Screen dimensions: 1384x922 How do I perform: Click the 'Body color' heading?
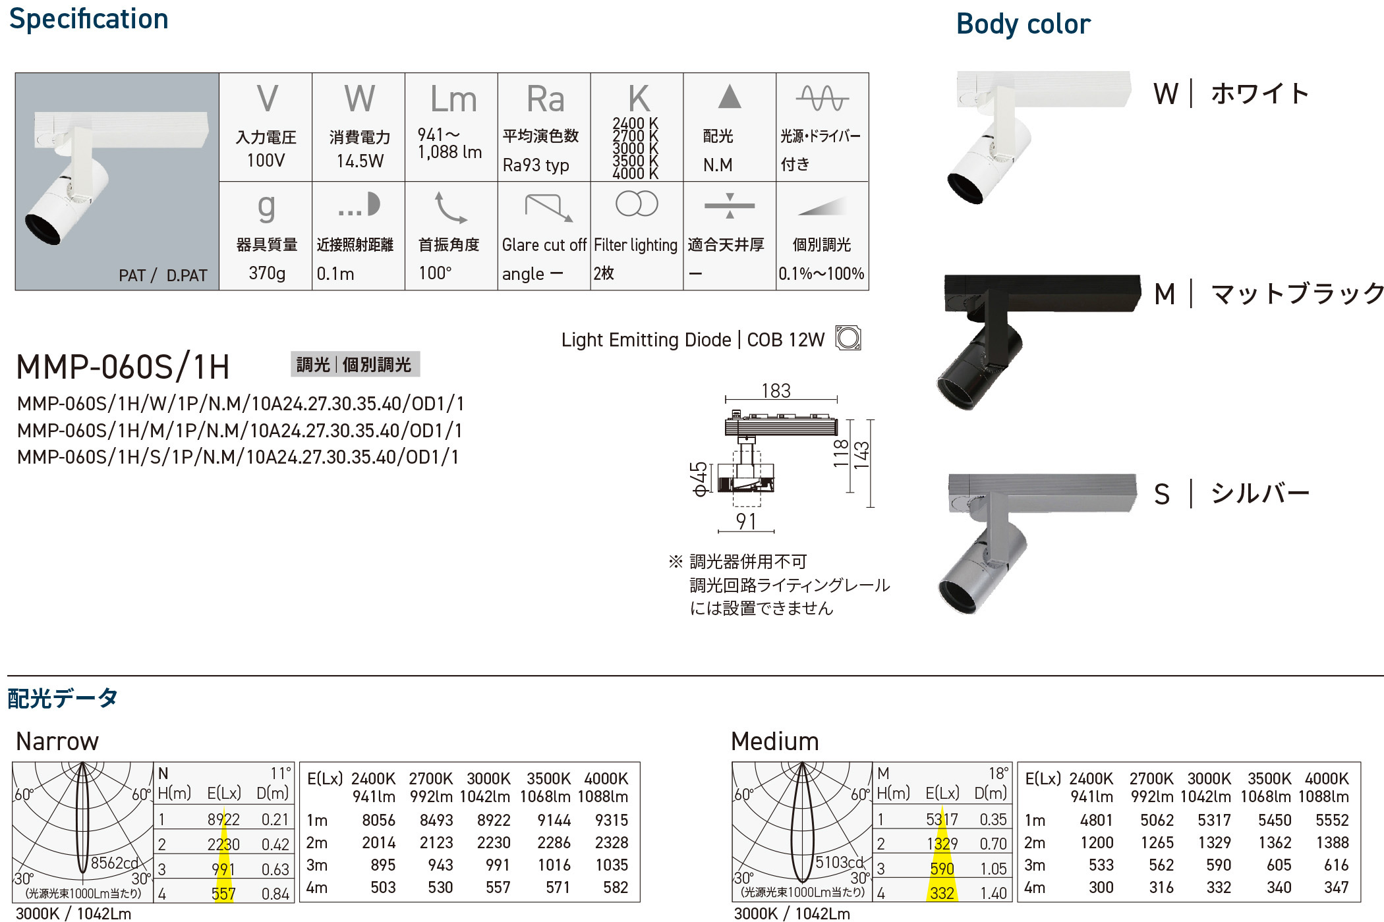pyautogui.click(x=1024, y=25)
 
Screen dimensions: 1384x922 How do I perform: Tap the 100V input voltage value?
pyautogui.click(x=266, y=161)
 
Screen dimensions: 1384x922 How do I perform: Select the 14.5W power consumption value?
pyautogui.click(x=360, y=161)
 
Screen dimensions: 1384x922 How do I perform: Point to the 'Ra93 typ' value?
pyautogui.click(x=536, y=165)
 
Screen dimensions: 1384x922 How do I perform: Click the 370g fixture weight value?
pyautogui.click(x=267, y=273)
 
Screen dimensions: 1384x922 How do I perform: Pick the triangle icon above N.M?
pyautogui.click(x=730, y=96)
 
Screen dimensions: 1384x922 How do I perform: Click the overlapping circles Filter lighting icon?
pyautogui.click(x=637, y=203)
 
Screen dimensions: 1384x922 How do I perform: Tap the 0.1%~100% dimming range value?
pyautogui.click(x=821, y=273)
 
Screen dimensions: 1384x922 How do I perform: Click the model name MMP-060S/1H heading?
pyautogui.click(x=123, y=367)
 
